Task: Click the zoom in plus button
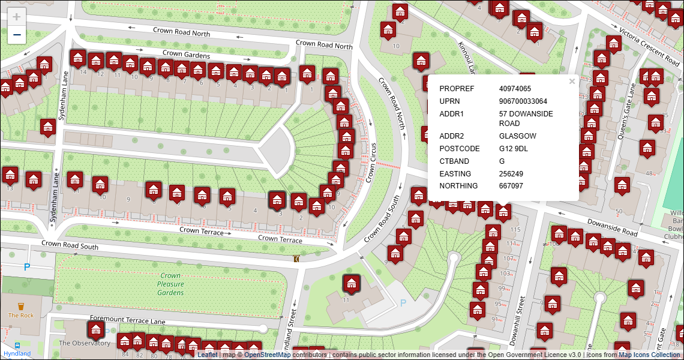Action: tap(17, 17)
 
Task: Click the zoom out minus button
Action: tap(17, 35)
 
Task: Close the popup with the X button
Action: tap(572, 82)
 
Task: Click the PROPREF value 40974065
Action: tap(515, 89)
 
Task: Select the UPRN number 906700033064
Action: tap(523, 101)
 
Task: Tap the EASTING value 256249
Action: tap(511, 174)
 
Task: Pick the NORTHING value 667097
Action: tap(511, 186)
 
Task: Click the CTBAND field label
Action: tap(454, 161)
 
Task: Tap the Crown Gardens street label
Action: tap(186, 55)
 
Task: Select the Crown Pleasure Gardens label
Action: tap(170, 284)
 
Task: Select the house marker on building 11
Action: tap(351, 283)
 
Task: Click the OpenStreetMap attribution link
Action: tap(268, 355)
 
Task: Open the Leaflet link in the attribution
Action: tap(208, 355)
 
